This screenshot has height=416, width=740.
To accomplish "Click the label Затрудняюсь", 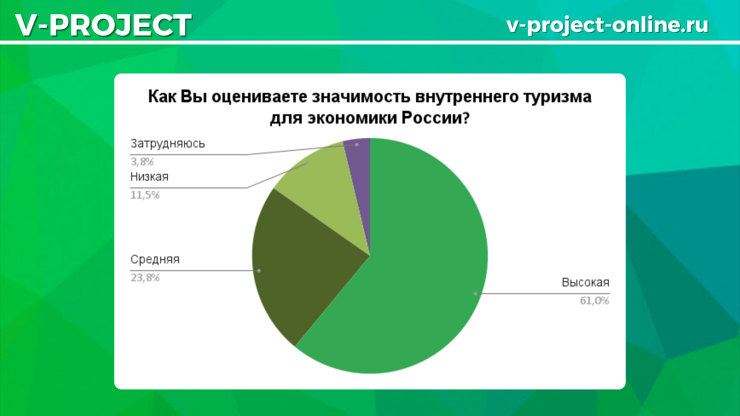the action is click(x=168, y=144).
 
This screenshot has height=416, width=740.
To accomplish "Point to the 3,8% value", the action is click(x=142, y=161).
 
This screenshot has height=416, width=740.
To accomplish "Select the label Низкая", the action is click(x=150, y=177).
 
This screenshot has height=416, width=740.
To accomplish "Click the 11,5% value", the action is click(x=145, y=195).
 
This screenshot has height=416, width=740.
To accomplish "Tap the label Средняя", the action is click(x=155, y=260).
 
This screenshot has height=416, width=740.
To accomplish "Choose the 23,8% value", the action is click(x=145, y=278).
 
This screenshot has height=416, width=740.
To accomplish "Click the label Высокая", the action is click(x=585, y=282).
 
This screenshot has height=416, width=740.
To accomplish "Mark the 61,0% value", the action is click(x=595, y=300).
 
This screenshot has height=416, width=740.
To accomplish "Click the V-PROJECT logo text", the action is click(x=103, y=25).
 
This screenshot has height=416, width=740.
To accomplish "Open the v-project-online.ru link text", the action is click(x=607, y=25).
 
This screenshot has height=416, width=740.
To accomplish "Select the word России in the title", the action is click(x=436, y=118).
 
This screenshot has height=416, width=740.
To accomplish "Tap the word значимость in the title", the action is click(x=361, y=97).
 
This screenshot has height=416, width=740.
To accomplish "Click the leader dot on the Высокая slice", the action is click(x=476, y=294).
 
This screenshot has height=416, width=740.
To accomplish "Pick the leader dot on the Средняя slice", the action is click(x=259, y=271).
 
